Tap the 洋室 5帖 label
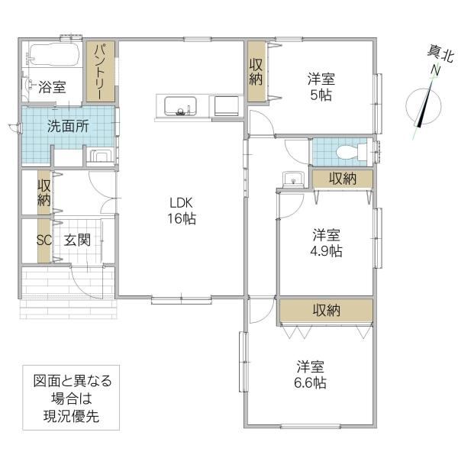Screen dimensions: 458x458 321,85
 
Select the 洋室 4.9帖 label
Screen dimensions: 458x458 326,242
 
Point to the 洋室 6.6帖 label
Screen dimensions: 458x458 311,373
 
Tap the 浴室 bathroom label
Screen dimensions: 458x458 52,87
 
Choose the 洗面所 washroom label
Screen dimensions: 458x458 67,127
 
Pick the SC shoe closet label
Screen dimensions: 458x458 44,240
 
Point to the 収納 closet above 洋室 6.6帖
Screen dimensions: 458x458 326,310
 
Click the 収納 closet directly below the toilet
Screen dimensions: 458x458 343,179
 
